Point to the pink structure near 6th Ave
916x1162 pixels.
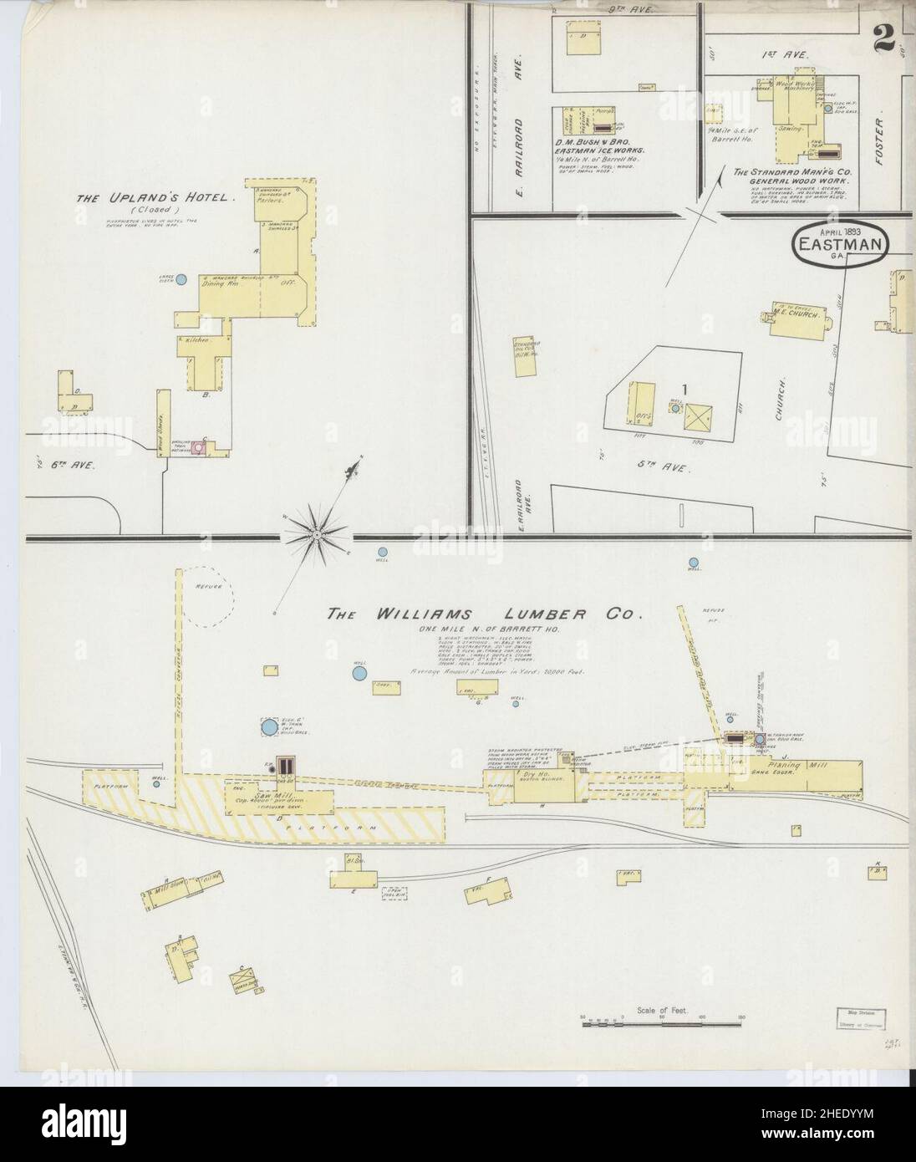click(199, 448)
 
